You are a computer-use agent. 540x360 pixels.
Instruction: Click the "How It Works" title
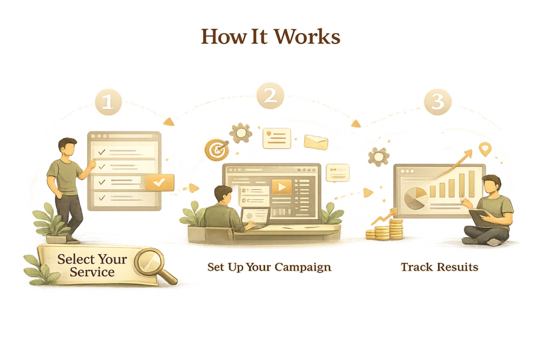coord(270,37)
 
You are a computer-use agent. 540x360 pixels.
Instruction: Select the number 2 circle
coord(270,96)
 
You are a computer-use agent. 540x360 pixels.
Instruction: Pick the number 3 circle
coord(437,102)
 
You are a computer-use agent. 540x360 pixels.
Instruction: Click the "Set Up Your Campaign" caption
coord(269,267)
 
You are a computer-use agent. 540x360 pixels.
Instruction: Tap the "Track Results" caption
coord(439,267)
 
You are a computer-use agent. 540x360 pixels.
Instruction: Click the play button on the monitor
coord(282,187)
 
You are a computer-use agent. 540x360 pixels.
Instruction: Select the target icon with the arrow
coord(215,150)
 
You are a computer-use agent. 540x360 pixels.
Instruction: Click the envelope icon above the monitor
coord(316,142)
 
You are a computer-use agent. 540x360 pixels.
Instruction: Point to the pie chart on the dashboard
coord(416,197)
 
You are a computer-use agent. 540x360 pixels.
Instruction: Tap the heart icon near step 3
coord(485,149)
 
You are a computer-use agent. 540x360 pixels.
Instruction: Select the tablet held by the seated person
coord(480,218)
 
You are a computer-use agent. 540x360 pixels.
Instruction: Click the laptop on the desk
coord(255,217)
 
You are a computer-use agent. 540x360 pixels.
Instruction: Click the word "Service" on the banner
coord(92,272)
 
